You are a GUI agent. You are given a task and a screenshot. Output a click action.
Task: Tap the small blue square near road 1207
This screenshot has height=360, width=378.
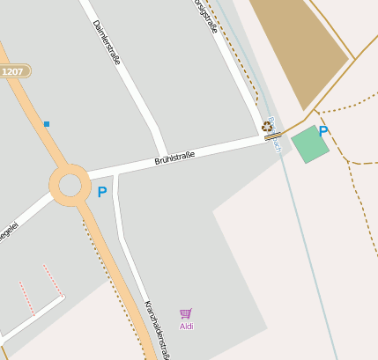click(47, 124)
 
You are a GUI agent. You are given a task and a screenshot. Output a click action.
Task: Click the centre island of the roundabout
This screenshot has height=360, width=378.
click(70, 185)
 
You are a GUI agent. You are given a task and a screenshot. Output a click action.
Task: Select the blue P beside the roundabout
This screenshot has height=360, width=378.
click(102, 192)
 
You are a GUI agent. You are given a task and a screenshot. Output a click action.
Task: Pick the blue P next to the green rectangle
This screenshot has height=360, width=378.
click(323, 132)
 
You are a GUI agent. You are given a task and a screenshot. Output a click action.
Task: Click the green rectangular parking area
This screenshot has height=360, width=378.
click(309, 144)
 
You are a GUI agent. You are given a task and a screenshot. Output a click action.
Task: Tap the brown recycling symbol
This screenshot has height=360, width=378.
click(267, 127)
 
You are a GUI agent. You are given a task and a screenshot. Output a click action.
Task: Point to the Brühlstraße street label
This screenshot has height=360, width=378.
click(174, 158)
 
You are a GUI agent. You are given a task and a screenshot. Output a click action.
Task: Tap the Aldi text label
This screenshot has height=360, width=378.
click(186, 327)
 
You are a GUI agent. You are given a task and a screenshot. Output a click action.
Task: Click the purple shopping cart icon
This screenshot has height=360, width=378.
click(186, 313)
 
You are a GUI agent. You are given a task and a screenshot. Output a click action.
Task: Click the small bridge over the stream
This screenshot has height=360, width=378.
click(273, 136)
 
